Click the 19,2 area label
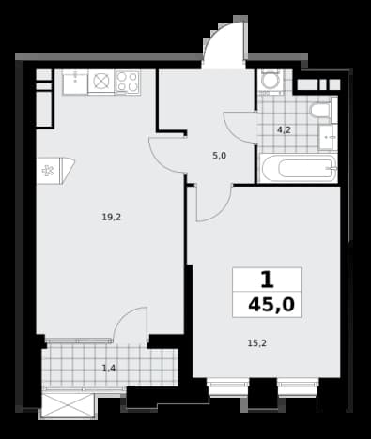(111, 217)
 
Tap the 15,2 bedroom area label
(257, 343)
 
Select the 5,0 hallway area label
(219, 156)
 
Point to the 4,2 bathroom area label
(284, 129)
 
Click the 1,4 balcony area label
(109, 368)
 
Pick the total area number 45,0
(271, 305)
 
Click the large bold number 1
(267, 280)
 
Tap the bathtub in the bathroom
(298, 169)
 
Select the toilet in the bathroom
(321, 111)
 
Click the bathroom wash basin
(328, 137)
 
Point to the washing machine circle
(271, 80)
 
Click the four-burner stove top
(128, 82)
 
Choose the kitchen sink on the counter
(75, 82)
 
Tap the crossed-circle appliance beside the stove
(101, 81)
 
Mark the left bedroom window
(228, 386)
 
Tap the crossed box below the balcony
(68, 405)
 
